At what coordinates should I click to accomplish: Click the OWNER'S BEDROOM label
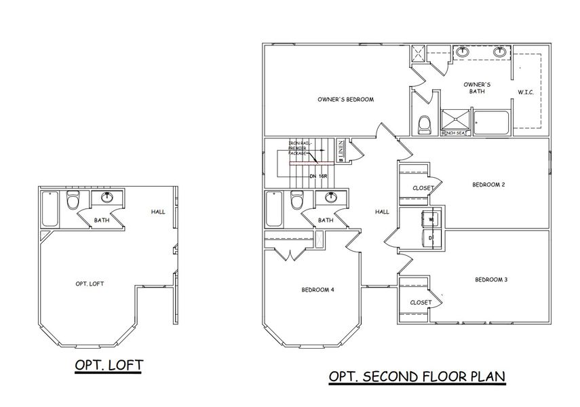click(346, 100)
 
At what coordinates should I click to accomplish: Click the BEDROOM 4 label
click(317, 290)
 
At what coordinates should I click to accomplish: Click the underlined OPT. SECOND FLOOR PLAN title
click(417, 376)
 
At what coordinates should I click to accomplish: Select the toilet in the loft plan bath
click(73, 201)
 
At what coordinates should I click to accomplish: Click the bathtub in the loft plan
click(50, 210)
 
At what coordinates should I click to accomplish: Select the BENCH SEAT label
click(452, 133)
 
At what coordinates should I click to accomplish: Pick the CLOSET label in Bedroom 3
click(421, 303)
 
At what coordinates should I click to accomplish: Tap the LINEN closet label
click(341, 150)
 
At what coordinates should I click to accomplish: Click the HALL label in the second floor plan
click(382, 212)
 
